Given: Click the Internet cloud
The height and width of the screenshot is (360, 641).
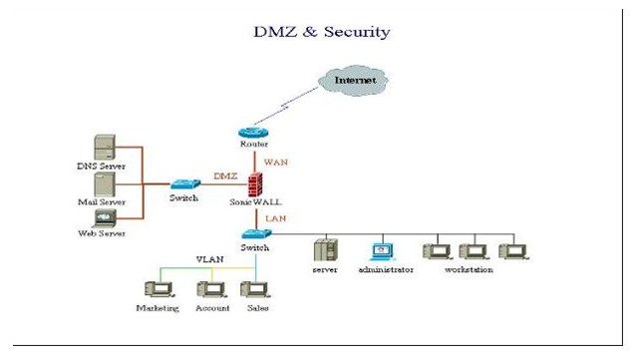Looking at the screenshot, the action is coord(353,80).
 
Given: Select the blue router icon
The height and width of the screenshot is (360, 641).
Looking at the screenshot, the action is coord(253,133).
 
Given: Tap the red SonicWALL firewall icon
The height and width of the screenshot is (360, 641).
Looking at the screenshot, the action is coord(255,184).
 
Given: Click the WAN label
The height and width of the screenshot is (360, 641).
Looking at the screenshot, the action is coord(276,162).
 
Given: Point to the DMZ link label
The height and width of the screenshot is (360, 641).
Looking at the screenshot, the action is coord(225,176).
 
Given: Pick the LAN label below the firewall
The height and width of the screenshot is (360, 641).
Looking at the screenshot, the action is coord(276,218).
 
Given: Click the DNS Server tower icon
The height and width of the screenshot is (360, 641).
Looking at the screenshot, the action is coord(105,147).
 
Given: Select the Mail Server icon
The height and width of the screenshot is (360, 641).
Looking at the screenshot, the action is coord(105,184).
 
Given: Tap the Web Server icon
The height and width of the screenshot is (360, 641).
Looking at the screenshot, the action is coord(105,218).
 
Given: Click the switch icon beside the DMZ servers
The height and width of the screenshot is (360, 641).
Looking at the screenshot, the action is coord(185,184).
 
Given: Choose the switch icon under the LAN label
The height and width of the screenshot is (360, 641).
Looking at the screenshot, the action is coord(256,234).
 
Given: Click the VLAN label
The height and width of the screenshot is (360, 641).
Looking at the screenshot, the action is coord(209,259).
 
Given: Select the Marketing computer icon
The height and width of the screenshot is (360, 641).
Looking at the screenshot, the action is coord(160,289).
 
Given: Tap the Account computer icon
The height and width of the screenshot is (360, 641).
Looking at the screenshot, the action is coord(212,289).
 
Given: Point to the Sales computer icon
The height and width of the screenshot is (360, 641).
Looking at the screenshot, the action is coord(256,289).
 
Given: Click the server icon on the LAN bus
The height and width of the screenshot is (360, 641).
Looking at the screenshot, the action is coord(326,250).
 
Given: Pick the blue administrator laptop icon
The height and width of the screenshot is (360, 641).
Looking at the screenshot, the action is coord(383,252).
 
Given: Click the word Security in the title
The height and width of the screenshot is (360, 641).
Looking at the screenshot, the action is coord(357,32).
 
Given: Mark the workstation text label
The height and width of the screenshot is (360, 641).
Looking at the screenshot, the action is coord(469,269).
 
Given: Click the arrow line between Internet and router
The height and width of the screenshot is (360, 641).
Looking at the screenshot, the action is coord(286,106).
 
